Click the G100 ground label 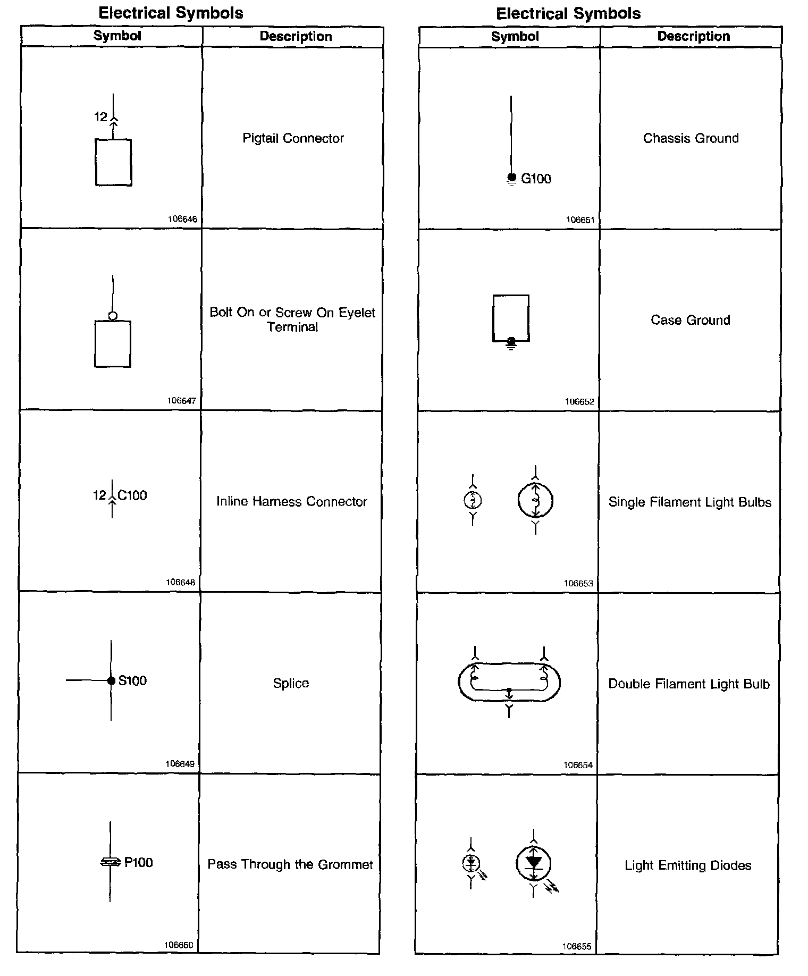(x=536, y=179)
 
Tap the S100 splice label (x=132, y=680)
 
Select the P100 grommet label (x=138, y=862)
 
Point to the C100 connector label (x=132, y=495)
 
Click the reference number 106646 (x=182, y=219)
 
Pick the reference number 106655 (x=577, y=947)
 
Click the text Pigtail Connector (x=293, y=138)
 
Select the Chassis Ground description (x=691, y=138)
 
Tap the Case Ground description (x=691, y=320)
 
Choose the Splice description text (x=291, y=683)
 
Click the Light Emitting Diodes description (x=688, y=865)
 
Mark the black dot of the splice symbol (x=111, y=680)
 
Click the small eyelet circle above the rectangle (x=113, y=316)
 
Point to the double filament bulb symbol (x=509, y=682)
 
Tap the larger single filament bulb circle (x=535, y=500)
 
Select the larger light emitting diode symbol (x=534, y=863)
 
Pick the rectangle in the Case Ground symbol (x=511, y=318)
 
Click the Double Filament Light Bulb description (x=689, y=684)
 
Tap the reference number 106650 (x=179, y=945)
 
